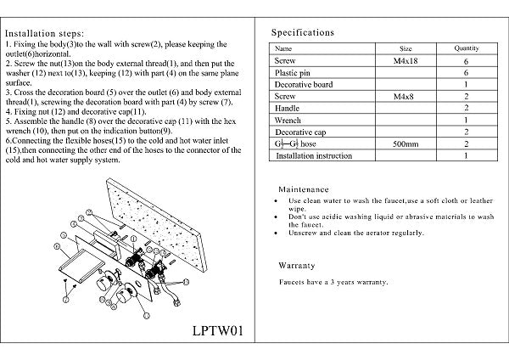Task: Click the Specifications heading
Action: pyautogui.click(x=303, y=32)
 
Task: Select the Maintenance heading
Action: pyautogui.click(x=309, y=188)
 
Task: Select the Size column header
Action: pyautogui.click(x=406, y=49)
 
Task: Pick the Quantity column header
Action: pyautogui.click(x=467, y=49)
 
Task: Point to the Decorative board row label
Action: pyautogui.click(x=303, y=86)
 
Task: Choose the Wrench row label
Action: pyautogui.click(x=289, y=121)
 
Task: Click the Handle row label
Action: pyautogui.click(x=288, y=110)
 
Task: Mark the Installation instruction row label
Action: pyautogui.click(x=315, y=157)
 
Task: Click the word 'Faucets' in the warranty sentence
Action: pyautogui.click(x=294, y=281)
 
